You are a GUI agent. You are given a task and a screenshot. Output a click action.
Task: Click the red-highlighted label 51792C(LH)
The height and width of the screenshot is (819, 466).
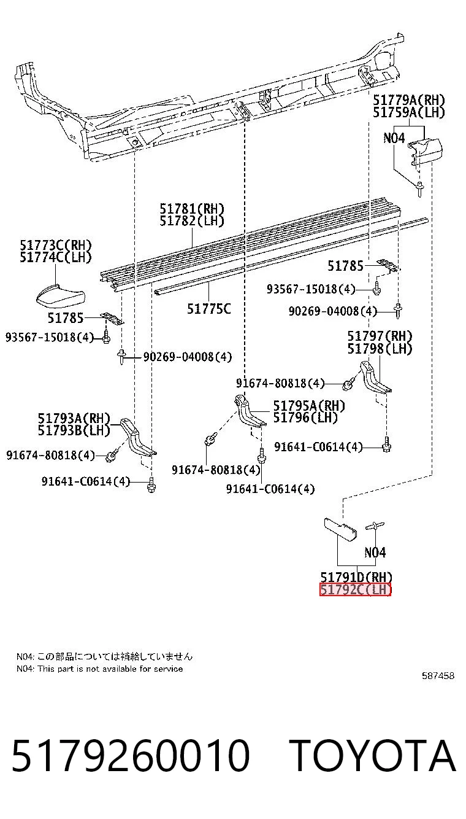[355, 589]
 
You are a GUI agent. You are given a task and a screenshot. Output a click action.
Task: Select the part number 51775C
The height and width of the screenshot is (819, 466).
[209, 309]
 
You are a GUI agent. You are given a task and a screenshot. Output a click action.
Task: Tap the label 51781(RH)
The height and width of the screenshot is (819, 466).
[192, 209]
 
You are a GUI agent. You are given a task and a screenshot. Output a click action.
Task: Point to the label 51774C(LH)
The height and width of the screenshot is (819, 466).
[56, 257]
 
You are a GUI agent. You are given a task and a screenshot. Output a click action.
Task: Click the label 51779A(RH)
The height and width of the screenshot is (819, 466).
[408, 100]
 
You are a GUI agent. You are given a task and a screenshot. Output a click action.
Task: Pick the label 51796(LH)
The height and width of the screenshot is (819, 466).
[305, 417]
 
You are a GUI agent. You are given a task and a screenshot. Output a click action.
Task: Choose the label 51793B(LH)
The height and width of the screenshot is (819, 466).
[74, 430]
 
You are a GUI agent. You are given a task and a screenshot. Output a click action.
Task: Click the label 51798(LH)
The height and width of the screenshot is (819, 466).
[380, 349]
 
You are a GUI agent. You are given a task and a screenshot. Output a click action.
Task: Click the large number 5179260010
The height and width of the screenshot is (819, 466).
[131, 755]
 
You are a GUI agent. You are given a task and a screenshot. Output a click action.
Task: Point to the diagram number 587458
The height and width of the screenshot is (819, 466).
[438, 675]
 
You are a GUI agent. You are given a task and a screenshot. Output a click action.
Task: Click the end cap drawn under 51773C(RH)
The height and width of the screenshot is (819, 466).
[61, 295]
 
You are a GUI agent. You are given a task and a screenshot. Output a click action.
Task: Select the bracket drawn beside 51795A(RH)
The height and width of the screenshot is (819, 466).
[250, 411]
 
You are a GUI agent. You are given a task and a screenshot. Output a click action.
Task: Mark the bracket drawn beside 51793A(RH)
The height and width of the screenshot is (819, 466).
[138, 437]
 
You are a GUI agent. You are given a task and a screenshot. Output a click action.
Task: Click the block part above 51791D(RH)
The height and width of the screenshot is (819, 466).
[340, 529]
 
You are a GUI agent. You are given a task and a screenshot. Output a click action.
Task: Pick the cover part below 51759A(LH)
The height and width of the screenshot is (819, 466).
[425, 150]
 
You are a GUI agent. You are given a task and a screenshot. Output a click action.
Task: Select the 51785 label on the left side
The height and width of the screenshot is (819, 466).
[66, 318]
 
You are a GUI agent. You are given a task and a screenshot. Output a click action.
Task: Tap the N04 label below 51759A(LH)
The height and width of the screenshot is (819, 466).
[394, 138]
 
